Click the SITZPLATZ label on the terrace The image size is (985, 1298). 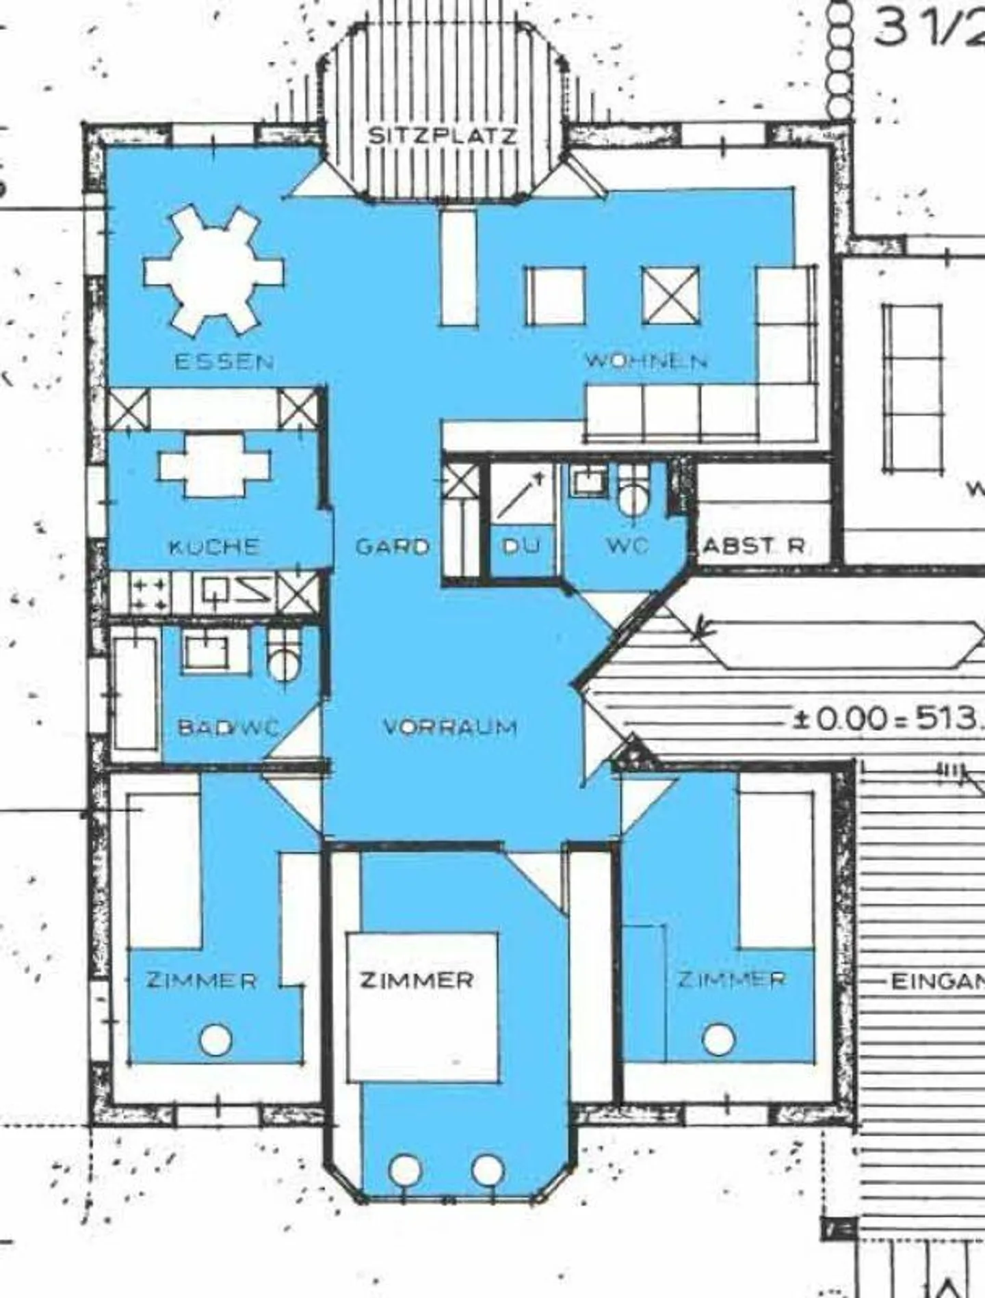tap(443, 135)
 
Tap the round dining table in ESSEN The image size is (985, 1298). tap(214, 271)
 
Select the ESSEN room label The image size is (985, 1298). tap(224, 361)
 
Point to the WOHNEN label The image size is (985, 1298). tap(645, 360)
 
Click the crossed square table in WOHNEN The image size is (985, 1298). tap(671, 295)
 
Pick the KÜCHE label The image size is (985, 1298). tap(214, 546)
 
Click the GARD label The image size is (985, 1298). tap(392, 546)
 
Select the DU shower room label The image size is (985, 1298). tap(521, 546)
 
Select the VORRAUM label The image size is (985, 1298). tap(450, 727)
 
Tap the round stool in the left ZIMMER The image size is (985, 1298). tap(215, 1040)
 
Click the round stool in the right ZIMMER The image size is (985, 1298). tap(718, 1039)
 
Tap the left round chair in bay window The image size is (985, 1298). tap(406, 1169)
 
